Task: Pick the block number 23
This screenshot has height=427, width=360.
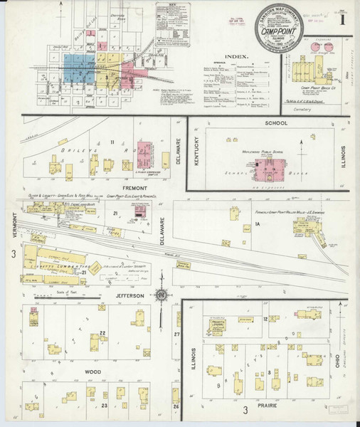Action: pos(104,406)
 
